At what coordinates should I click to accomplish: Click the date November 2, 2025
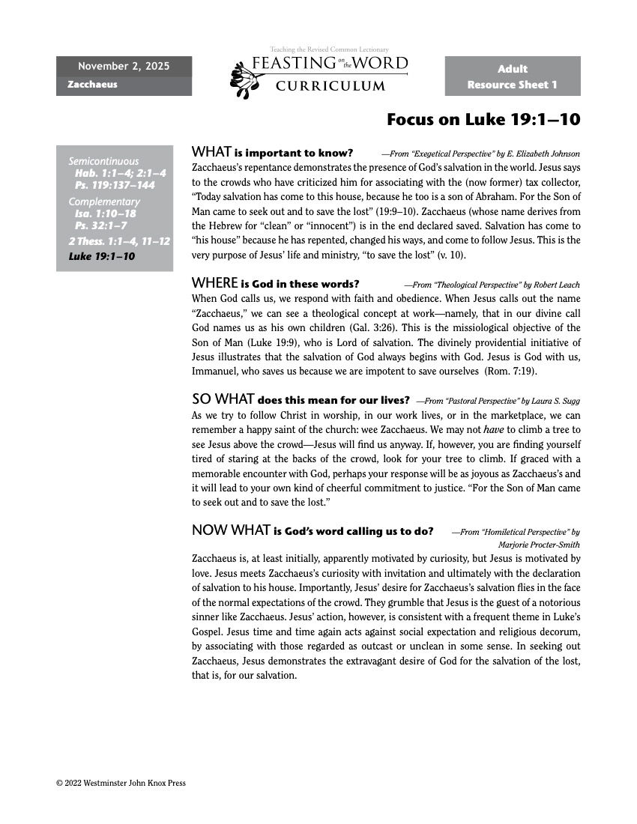[124, 67]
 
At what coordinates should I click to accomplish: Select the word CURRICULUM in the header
[330, 86]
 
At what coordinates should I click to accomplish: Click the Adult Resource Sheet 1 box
[512, 76]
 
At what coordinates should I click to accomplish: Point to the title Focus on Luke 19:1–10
[483, 120]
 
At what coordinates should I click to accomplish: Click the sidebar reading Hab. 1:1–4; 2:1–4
[120, 173]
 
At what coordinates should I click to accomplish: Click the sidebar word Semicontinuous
[103, 161]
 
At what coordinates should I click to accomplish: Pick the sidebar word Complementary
[104, 202]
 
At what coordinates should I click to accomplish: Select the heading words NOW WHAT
[231, 530]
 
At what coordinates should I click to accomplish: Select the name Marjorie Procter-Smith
[539, 545]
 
